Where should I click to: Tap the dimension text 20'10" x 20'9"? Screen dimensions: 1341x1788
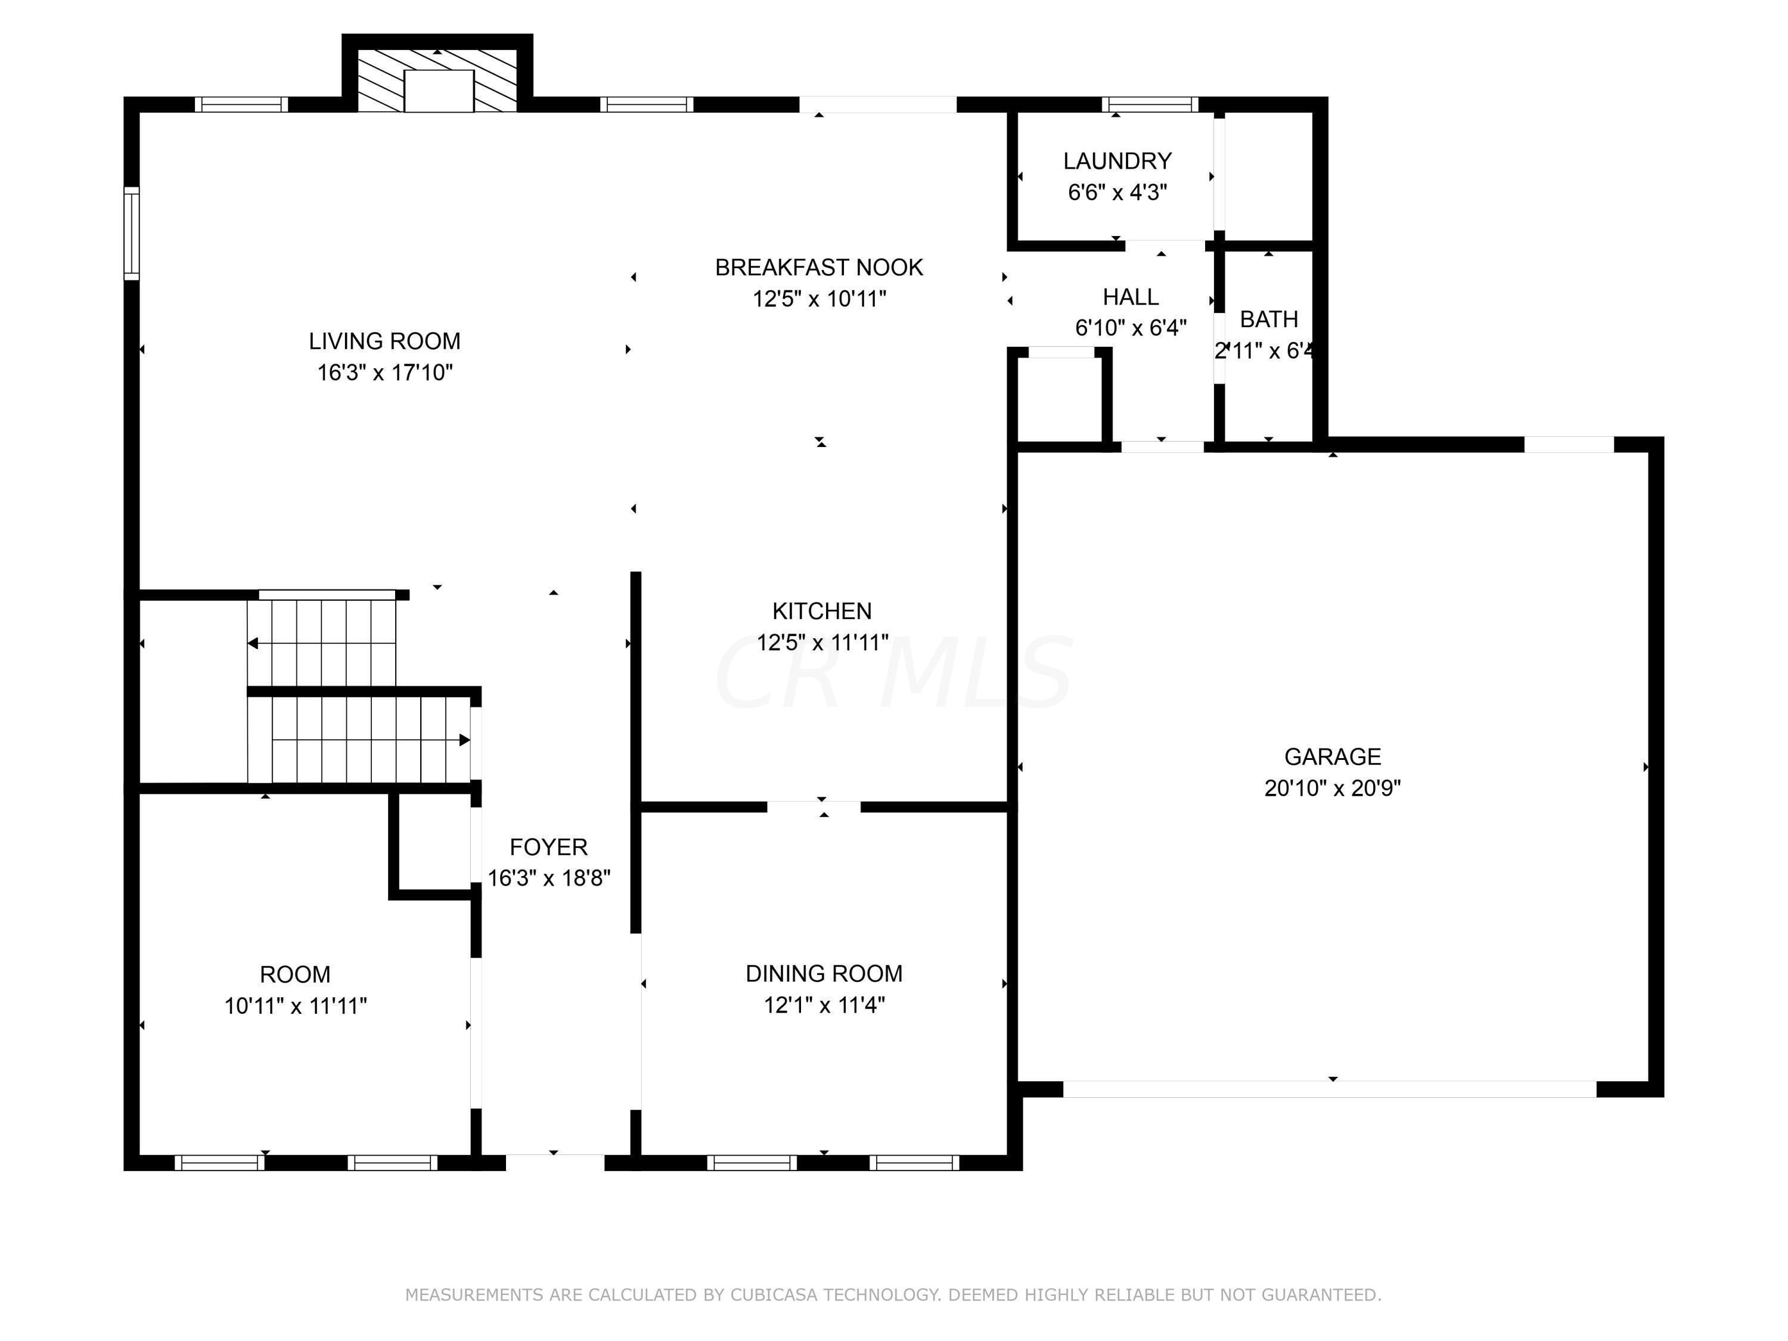click(1332, 788)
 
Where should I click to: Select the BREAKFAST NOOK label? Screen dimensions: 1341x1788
click(818, 268)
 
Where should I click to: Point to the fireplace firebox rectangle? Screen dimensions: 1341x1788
click(438, 91)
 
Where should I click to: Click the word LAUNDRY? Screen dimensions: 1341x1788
click(1117, 161)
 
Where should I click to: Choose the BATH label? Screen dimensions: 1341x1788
click(1268, 319)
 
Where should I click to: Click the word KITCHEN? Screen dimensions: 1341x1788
click(821, 611)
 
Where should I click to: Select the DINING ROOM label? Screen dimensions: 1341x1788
click(824, 973)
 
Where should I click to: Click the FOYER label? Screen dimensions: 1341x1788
click(548, 847)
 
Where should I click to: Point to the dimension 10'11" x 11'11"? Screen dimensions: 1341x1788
click(295, 1007)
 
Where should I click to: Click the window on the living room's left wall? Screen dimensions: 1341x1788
click(131, 234)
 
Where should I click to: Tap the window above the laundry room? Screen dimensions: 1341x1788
click(1150, 104)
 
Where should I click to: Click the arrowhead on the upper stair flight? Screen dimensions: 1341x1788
click(253, 644)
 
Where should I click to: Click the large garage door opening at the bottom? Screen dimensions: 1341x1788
click(1329, 1089)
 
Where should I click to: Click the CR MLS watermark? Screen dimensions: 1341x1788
click(893, 672)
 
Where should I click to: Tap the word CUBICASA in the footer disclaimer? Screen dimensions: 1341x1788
click(774, 1294)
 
